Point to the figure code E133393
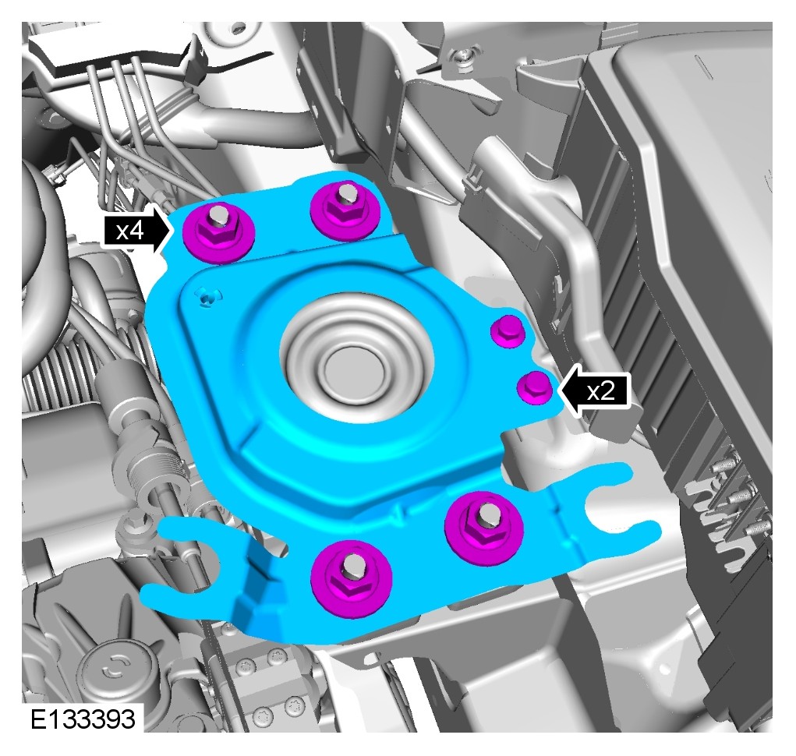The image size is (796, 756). (x=83, y=719)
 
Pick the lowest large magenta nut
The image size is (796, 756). (x=351, y=578)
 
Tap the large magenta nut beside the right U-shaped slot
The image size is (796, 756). (x=484, y=527)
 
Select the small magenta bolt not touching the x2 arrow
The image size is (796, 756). (x=508, y=330)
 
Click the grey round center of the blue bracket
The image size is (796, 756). (x=356, y=358)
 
